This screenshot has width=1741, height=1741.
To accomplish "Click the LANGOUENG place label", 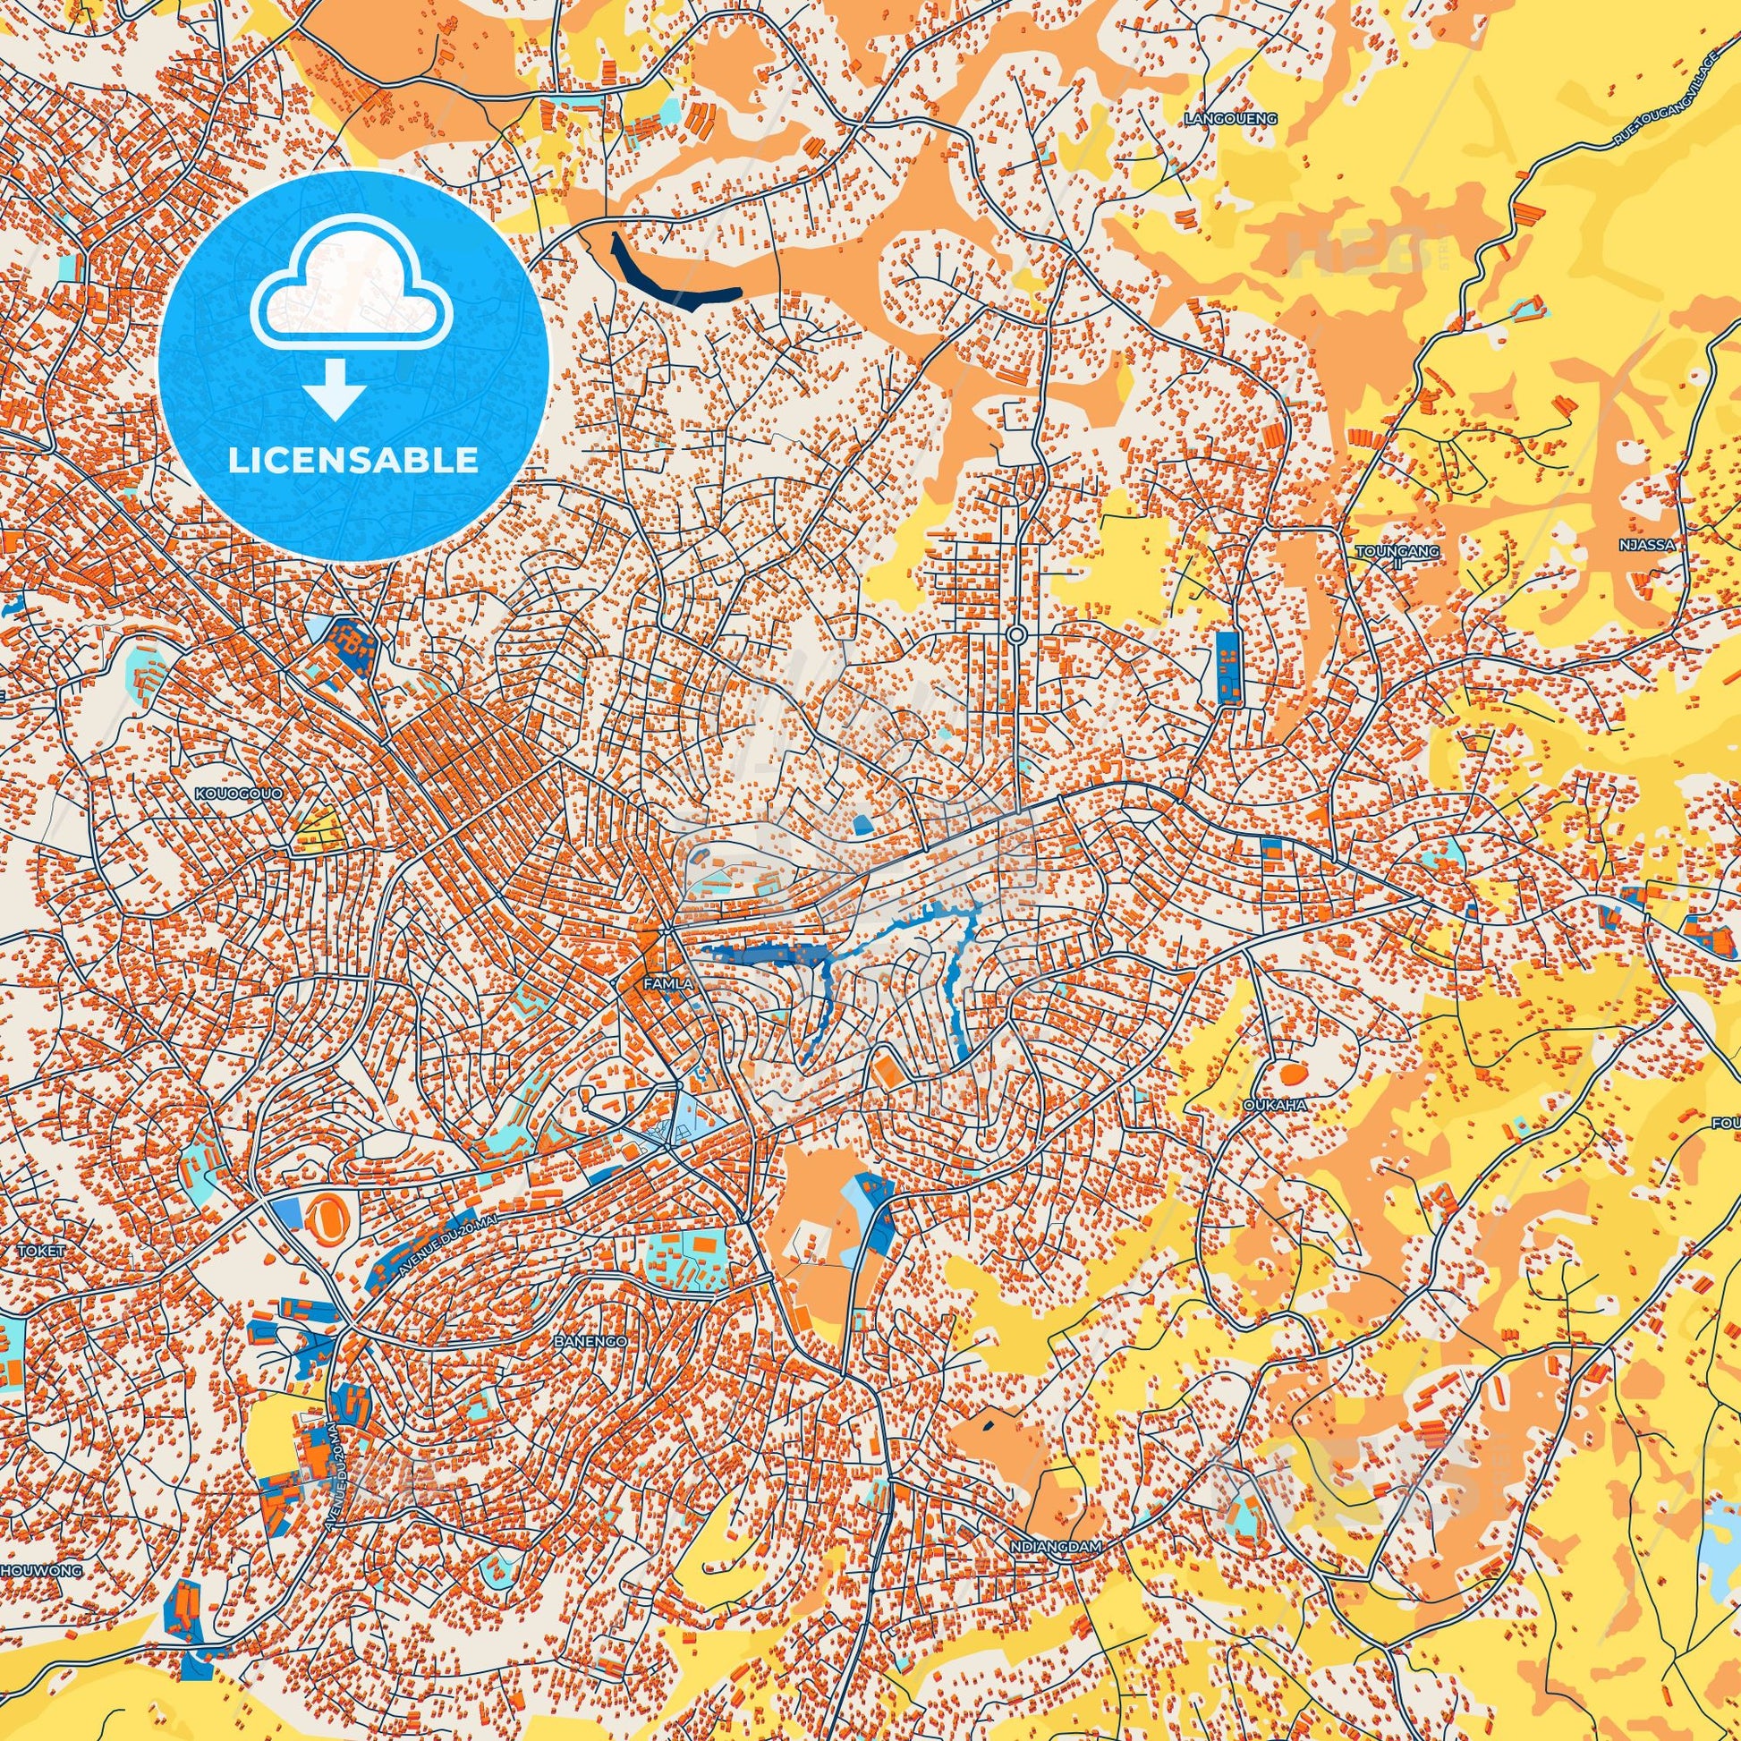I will (x=1232, y=118).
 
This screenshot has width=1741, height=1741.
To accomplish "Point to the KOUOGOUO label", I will (x=239, y=793).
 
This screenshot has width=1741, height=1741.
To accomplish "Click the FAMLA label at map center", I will (x=667, y=984).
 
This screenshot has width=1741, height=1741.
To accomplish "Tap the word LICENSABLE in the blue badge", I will (x=353, y=461).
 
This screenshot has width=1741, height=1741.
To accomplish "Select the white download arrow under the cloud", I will (x=335, y=390).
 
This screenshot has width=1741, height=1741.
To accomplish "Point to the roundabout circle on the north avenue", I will (x=1016, y=634).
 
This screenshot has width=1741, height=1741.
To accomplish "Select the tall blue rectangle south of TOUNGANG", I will (x=1227, y=667).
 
